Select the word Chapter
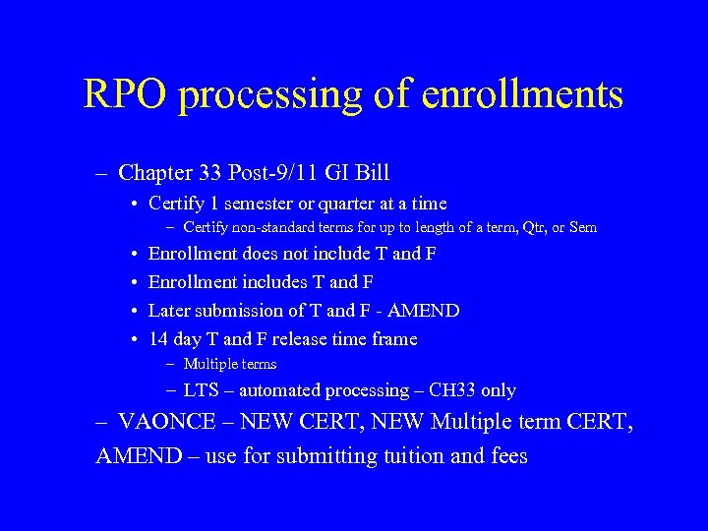click(154, 173)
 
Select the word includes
click(270, 282)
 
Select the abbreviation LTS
click(202, 390)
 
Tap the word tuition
click(414, 456)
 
